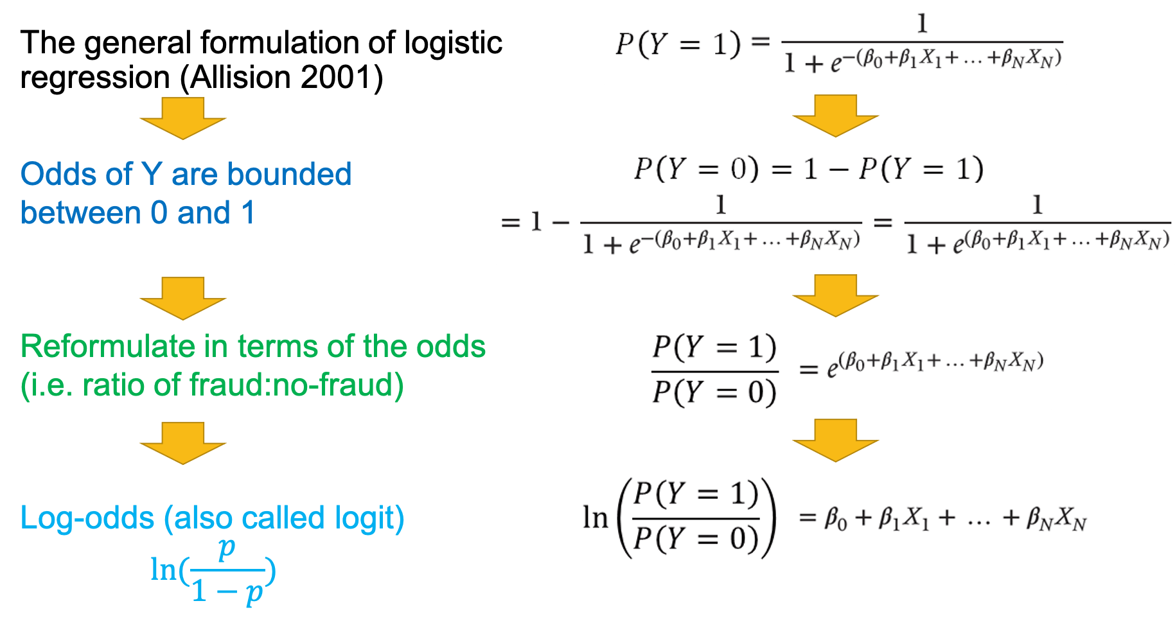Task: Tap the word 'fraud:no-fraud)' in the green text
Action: pyautogui.click(x=296, y=385)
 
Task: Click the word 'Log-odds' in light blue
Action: pyautogui.click(x=87, y=518)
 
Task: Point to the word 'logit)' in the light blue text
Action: pyautogui.click(x=369, y=518)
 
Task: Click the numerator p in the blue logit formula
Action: pyautogui.click(x=226, y=549)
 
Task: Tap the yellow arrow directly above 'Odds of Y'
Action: pyautogui.click(x=183, y=118)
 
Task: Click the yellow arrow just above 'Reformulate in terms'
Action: pyautogui.click(x=183, y=298)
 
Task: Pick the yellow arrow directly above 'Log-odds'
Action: pyautogui.click(x=183, y=443)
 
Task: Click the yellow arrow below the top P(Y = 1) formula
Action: pyautogui.click(x=835, y=116)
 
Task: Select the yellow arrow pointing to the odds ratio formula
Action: pyautogui.click(x=835, y=295)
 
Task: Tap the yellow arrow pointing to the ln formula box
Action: pyautogui.click(x=835, y=440)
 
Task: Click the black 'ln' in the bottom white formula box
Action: pyautogui.click(x=596, y=518)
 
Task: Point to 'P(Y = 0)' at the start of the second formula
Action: pyautogui.click(x=696, y=169)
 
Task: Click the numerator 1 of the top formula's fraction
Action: pyautogui.click(x=922, y=24)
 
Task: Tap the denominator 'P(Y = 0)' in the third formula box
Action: pyautogui.click(x=714, y=392)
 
